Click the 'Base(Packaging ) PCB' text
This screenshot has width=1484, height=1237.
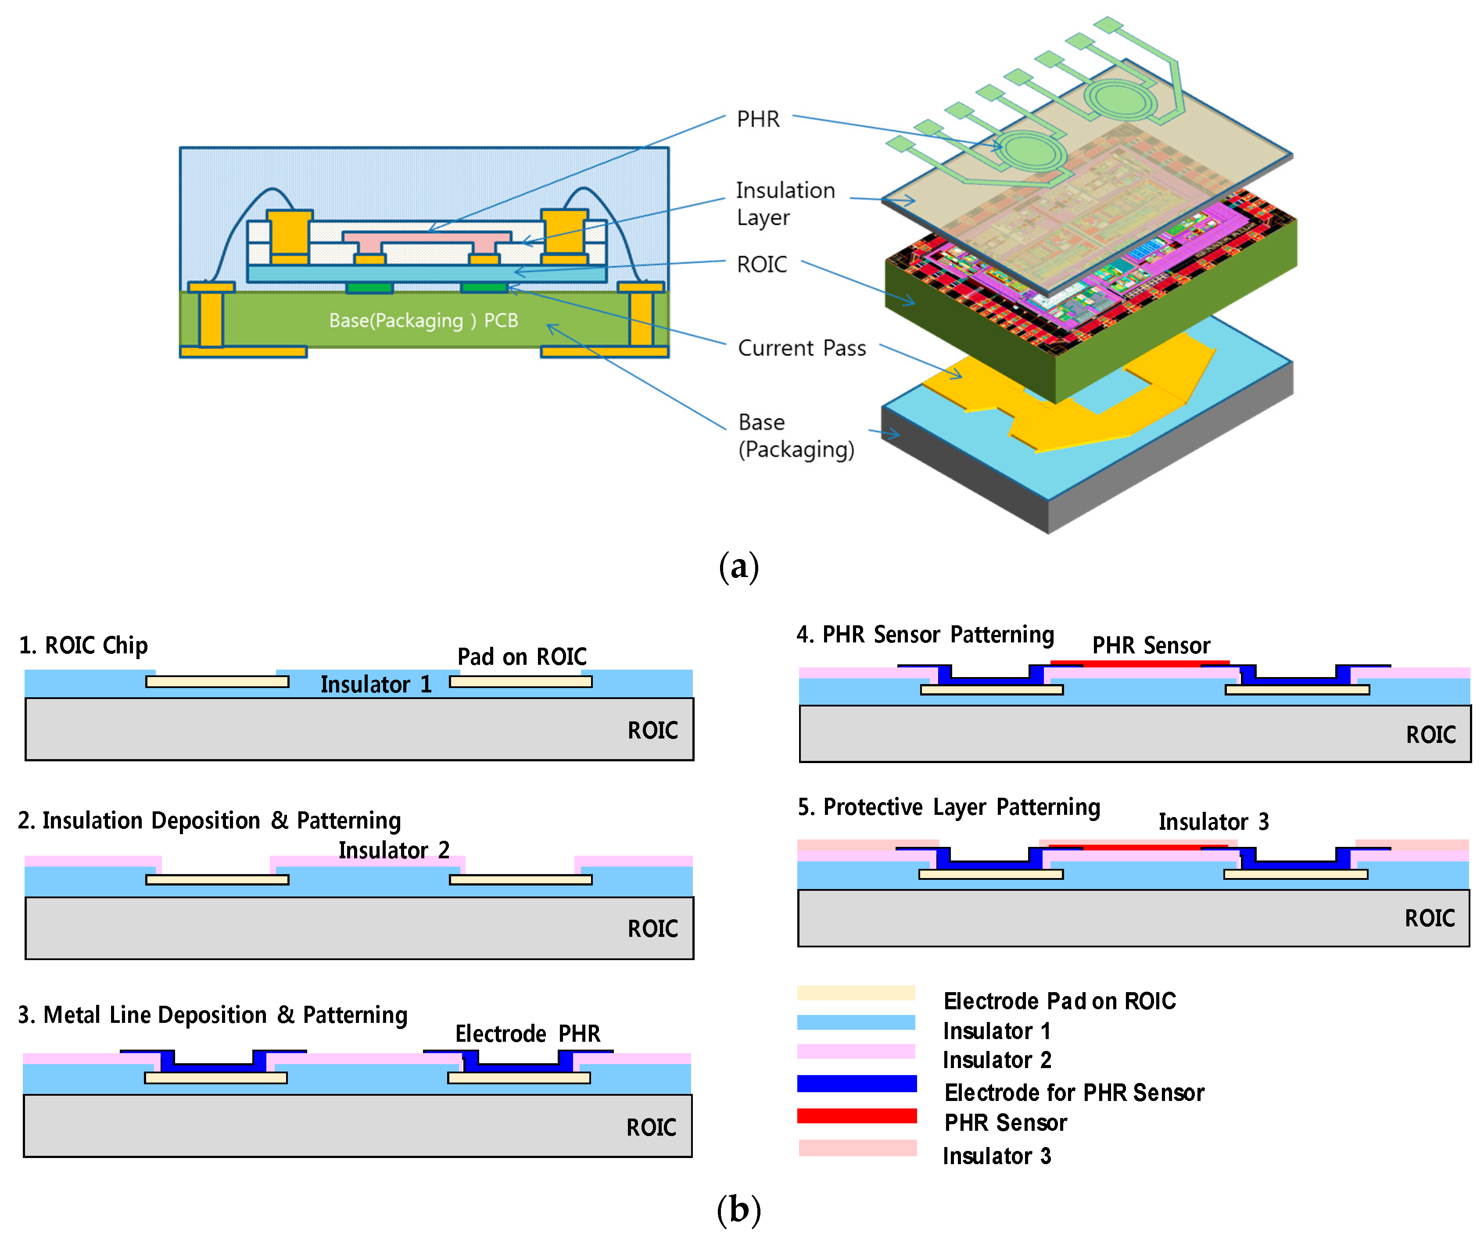pyautogui.click(x=423, y=320)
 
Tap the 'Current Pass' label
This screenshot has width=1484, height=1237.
pyautogui.click(x=801, y=348)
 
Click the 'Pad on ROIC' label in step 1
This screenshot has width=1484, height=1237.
pyautogui.click(x=522, y=656)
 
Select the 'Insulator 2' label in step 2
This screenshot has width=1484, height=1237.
pyautogui.click(x=394, y=849)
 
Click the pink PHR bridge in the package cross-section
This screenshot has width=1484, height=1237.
pyautogui.click(x=426, y=237)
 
